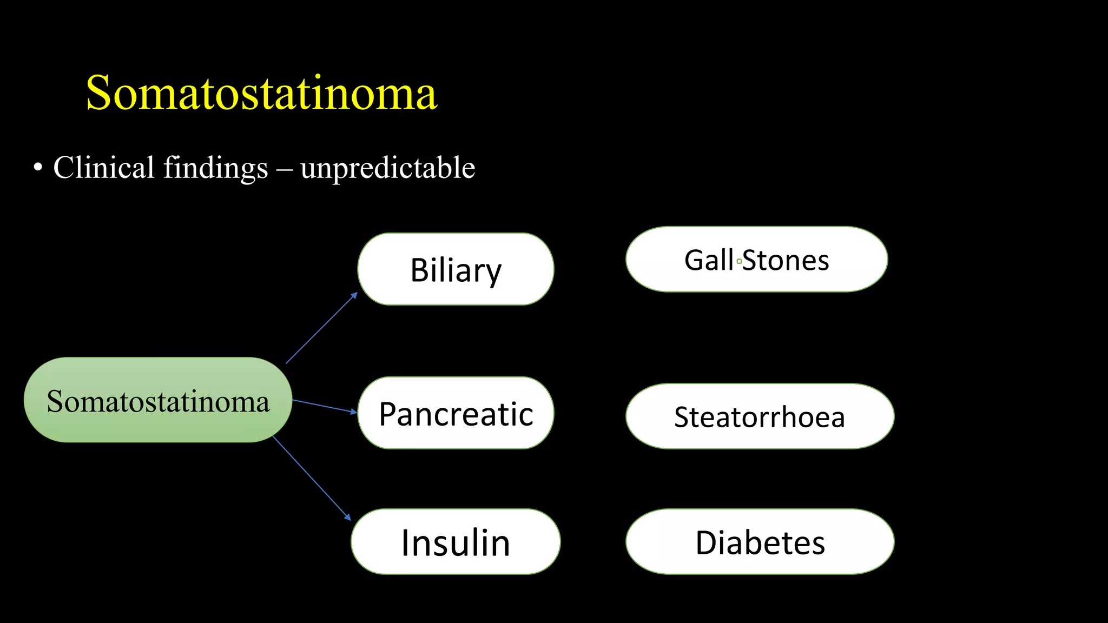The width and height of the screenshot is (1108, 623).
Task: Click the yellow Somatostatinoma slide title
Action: (261, 93)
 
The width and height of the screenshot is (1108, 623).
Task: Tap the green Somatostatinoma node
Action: (157, 400)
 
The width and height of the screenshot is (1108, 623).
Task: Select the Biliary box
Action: (456, 269)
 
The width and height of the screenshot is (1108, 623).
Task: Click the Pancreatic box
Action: (456, 413)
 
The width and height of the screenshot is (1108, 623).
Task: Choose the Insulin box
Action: (456, 542)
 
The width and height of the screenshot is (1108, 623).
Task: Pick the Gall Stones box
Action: (756, 260)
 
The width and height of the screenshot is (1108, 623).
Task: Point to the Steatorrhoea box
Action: (760, 416)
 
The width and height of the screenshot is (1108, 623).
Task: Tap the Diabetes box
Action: (760, 542)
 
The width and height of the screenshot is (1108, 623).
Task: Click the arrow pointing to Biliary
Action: (322, 328)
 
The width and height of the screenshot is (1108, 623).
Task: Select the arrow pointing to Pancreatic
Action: (325, 406)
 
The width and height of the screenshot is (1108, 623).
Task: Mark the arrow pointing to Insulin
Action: (312, 478)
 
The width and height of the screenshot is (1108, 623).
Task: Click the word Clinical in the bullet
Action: (103, 167)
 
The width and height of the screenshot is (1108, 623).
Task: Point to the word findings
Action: (215, 168)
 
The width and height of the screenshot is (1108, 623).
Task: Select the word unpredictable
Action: (387, 168)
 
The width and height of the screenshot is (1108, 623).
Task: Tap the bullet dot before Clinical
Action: (37, 168)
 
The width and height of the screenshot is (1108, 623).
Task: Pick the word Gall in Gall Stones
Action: (709, 260)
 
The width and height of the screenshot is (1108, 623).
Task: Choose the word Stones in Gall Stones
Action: (786, 261)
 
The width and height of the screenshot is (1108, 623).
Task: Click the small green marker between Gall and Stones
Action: (739, 261)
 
